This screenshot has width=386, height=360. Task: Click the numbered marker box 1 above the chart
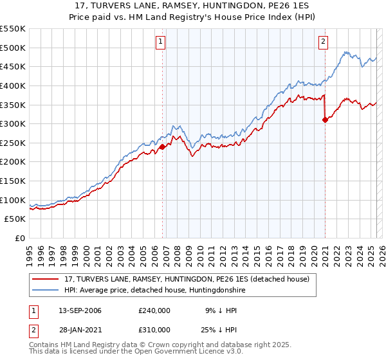(x=160, y=43)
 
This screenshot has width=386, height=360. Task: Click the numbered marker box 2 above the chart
(x=323, y=43)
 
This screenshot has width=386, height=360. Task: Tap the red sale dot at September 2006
(x=162, y=147)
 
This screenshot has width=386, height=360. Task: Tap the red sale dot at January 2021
(x=325, y=120)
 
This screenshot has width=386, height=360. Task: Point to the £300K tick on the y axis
(x=14, y=123)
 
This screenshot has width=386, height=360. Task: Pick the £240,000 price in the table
(x=154, y=310)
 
